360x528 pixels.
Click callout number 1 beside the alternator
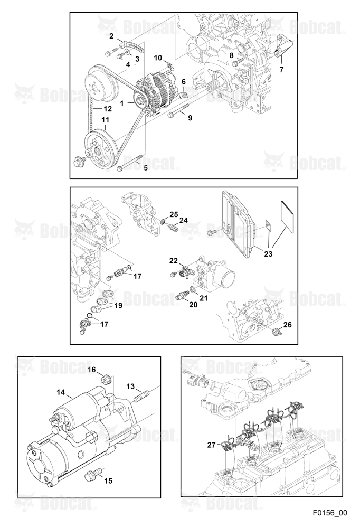[x=122, y=103]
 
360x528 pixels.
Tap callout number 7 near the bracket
[x=281, y=70]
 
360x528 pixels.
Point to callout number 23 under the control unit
[x=268, y=254]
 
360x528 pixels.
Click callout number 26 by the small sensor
[x=287, y=325]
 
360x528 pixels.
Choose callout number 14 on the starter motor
[x=61, y=392]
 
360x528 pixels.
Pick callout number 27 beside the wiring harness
[x=211, y=445]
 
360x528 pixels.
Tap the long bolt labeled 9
[x=177, y=112]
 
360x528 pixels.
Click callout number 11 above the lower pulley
[x=105, y=120]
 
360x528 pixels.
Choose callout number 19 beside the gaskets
[x=118, y=305]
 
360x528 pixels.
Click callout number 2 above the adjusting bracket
[x=111, y=36]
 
